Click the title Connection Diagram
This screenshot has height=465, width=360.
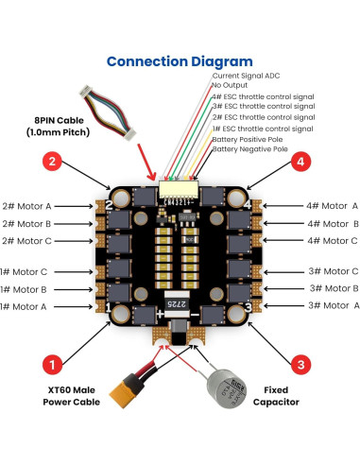pyautogui.click(x=179, y=61)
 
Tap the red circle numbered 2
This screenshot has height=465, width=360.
pyautogui.click(x=56, y=162)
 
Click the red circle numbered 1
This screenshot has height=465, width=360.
pyautogui.click(x=56, y=363)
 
